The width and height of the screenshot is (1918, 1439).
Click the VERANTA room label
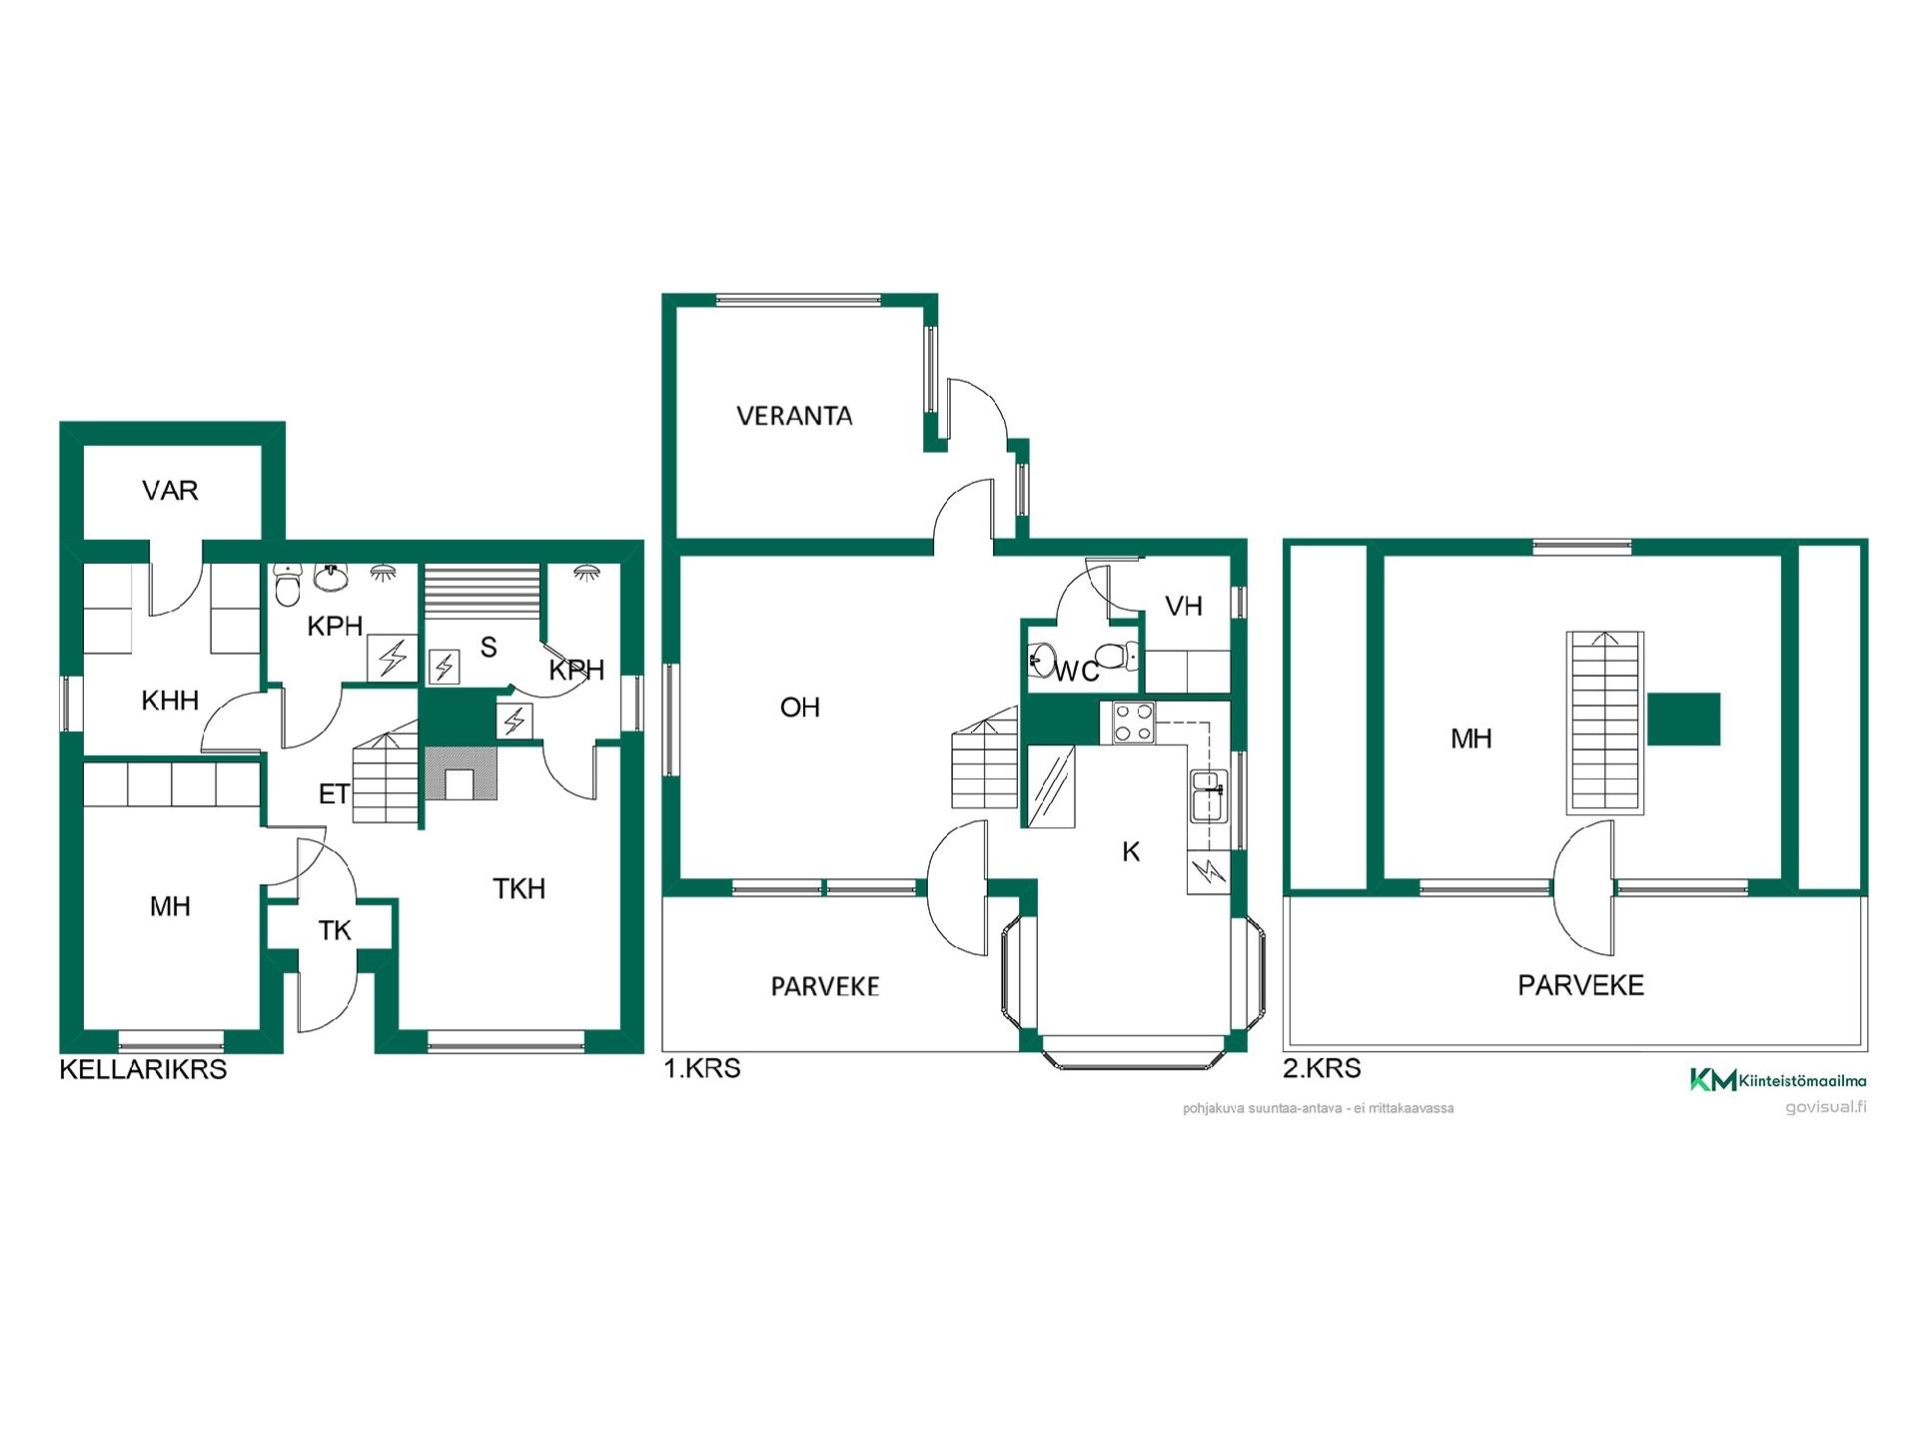click(x=794, y=416)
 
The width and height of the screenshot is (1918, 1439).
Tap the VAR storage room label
click(x=170, y=491)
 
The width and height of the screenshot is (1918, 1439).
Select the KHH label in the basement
click(x=170, y=701)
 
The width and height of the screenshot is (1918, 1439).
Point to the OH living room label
click(x=799, y=708)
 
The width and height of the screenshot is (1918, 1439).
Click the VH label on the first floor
click(x=1184, y=606)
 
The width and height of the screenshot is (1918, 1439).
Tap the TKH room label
click(x=519, y=888)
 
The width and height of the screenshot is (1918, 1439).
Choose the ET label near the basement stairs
click(x=334, y=794)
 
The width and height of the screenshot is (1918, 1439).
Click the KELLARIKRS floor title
click(x=143, y=1069)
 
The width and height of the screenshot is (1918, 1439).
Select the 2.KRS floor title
click(x=1322, y=1068)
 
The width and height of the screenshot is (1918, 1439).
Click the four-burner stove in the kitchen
click(x=1134, y=723)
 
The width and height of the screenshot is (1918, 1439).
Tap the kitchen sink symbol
click(x=1208, y=795)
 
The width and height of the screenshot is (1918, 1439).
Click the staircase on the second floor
click(x=1605, y=722)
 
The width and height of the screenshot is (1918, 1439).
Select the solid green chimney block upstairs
click(x=1683, y=719)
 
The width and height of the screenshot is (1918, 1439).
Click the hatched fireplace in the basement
click(x=461, y=773)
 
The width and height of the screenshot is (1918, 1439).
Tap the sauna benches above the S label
click(x=482, y=592)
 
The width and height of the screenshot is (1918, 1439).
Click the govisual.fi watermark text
click(x=1826, y=1107)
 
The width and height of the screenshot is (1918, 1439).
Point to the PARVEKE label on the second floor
click(x=1580, y=985)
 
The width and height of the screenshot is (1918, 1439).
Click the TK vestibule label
click(x=335, y=931)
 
